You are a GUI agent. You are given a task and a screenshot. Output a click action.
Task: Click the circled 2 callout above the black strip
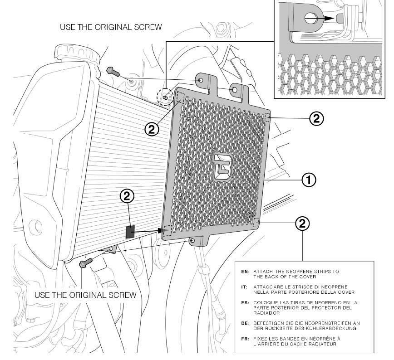click(127, 196)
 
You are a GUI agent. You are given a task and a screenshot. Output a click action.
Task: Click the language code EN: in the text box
click(245, 272)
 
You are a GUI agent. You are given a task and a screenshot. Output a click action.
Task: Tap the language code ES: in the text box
click(245, 302)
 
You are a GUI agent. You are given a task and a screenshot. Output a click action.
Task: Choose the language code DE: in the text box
click(245, 323)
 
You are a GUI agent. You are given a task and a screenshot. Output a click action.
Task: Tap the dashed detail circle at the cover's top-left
click(165, 97)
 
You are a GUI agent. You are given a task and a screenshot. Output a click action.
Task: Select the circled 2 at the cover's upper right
click(316, 119)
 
